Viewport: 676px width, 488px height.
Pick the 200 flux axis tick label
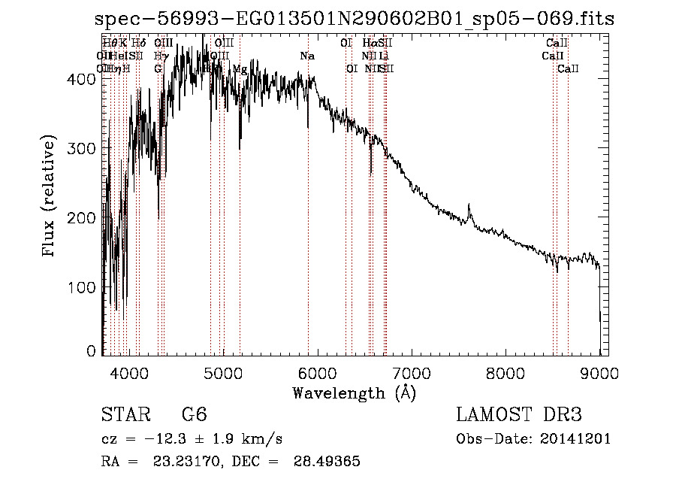tap(85, 218)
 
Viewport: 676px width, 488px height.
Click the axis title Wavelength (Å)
tap(354, 393)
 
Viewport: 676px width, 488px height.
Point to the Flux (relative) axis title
tap(50, 197)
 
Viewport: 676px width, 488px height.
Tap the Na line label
tap(307, 56)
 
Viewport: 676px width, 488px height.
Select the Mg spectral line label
tap(240, 69)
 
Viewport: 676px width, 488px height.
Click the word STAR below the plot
tap(125, 415)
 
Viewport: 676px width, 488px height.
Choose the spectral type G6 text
tap(194, 415)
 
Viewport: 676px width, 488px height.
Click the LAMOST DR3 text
tap(519, 415)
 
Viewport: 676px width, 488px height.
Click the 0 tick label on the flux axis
tap(92, 351)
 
